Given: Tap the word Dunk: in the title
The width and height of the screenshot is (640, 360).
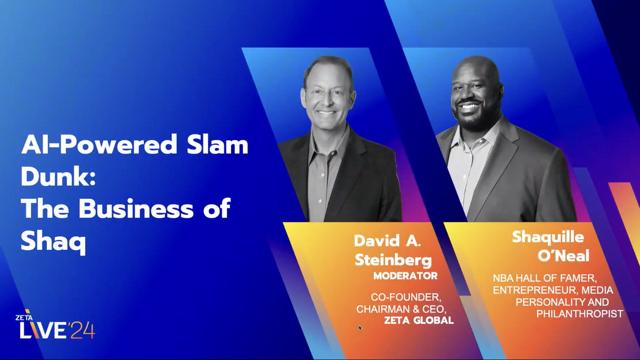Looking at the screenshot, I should point(58,177).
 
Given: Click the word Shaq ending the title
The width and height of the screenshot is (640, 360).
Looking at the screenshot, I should point(53,242).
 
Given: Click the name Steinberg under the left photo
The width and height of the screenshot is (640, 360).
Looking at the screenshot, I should point(393,260).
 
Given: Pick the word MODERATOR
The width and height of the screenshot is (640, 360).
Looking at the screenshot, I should point(405,276).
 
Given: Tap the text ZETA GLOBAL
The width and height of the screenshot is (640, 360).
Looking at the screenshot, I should point(419,320).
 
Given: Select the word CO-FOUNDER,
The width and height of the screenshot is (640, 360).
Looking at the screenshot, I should point(405,297).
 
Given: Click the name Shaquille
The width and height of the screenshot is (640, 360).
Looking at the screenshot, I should point(548,237).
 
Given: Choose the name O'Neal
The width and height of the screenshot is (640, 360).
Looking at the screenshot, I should point(563,256).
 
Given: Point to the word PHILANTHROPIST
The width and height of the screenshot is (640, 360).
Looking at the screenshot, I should point(580,314).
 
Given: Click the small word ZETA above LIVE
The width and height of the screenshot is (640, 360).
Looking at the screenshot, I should point(23,317).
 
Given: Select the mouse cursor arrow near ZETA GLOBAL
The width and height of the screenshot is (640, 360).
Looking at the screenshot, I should point(360,328).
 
